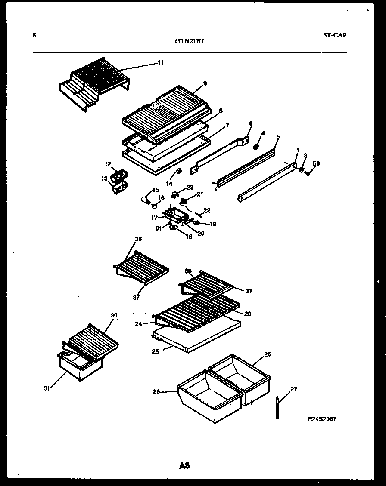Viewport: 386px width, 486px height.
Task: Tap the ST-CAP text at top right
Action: point(334,35)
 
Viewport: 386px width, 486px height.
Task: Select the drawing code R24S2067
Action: point(322,418)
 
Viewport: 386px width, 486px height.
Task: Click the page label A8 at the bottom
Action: point(184,465)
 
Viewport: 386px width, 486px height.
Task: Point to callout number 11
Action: point(160,63)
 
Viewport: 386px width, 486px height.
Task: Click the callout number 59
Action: point(316,163)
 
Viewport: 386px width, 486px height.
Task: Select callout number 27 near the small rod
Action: point(293,389)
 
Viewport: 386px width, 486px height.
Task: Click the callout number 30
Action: point(114,315)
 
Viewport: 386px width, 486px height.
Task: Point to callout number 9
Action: point(205,83)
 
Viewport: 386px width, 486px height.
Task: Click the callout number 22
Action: point(207,210)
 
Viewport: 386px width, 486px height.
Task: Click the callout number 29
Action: point(247,314)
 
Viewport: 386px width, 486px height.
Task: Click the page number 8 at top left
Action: point(34,36)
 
